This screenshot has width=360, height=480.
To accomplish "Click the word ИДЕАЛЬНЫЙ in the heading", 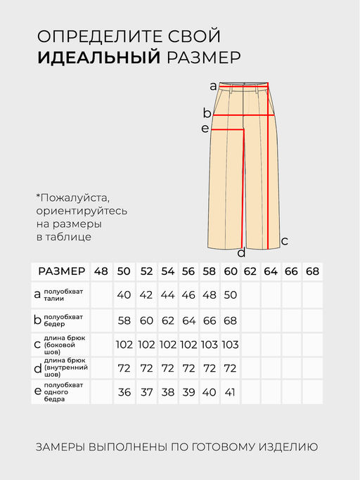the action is point(99,58).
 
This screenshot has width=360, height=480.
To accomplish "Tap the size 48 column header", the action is point(101,271).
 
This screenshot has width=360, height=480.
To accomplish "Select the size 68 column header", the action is point(313,271).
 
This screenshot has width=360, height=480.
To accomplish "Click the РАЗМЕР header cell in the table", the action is point(61,271).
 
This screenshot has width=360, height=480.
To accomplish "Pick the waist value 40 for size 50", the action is point(124,295).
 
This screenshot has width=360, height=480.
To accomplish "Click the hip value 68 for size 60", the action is point(230,320).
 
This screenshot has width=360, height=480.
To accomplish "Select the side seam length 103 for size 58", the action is point(209,344).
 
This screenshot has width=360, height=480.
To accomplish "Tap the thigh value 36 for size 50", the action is point(124,392).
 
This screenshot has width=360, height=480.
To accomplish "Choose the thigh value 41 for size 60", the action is point(230,392).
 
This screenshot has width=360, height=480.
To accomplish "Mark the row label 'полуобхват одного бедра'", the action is point(63,392).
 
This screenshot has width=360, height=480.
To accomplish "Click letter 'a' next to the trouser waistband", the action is point(213,86).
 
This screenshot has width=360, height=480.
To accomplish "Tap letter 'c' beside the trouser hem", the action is point(284,240).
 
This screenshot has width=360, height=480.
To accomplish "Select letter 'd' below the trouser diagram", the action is point(241,253).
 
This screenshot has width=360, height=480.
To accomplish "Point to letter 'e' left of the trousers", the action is point(205,128).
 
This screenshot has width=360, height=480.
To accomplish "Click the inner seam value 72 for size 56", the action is point(188,368).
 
